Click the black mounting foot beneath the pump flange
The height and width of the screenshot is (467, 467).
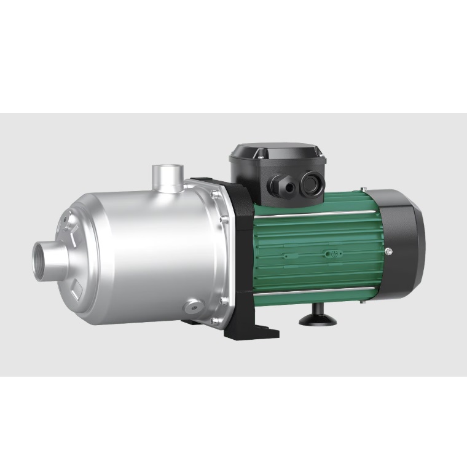click(252, 329)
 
